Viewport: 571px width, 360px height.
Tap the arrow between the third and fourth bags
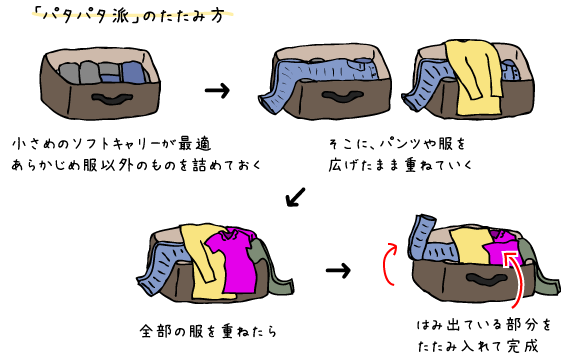[x=339, y=270]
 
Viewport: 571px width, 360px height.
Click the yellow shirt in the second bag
[x=472, y=75]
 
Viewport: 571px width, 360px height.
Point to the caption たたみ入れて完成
[x=476, y=346]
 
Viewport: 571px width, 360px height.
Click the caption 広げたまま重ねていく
[x=399, y=163]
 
